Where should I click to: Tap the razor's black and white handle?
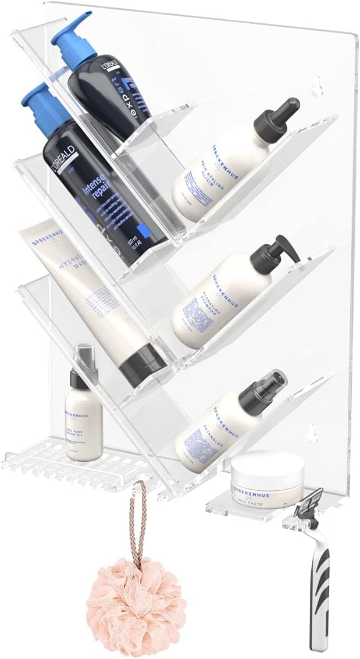tap(319, 587)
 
